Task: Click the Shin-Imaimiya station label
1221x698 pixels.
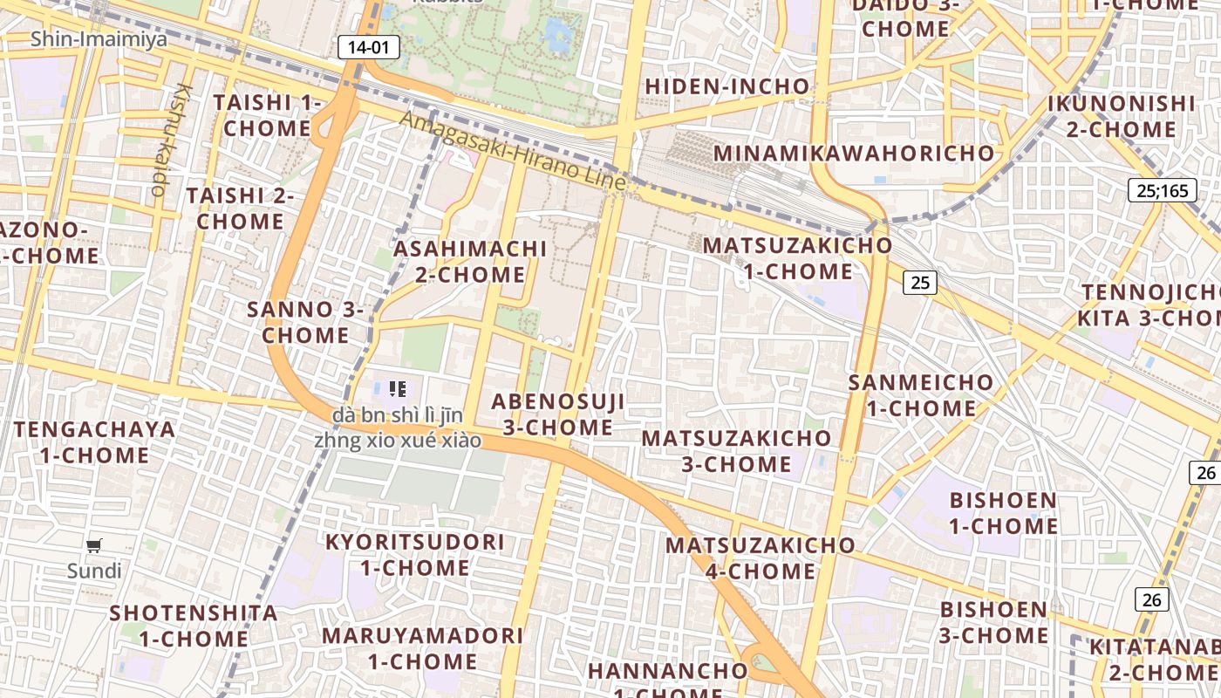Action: tap(99, 39)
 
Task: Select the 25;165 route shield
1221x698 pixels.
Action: tap(1163, 190)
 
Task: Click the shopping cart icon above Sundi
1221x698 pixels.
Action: tap(94, 546)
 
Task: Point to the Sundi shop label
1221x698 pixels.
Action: tap(94, 571)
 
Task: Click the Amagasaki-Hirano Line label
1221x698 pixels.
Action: tap(513, 151)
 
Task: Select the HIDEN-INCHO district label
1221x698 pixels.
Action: tap(727, 86)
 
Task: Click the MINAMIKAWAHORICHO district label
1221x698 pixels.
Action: tap(854, 154)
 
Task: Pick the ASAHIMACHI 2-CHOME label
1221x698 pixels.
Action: tap(470, 262)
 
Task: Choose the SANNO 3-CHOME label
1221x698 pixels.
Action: tap(305, 322)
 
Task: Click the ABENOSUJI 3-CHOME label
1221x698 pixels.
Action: tap(558, 414)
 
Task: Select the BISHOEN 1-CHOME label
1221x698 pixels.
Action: tap(1003, 513)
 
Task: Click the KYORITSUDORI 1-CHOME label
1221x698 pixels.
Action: tap(415, 555)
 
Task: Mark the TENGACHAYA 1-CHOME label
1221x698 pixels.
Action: tap(94, 442)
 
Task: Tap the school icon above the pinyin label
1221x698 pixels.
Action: tap(398, 389)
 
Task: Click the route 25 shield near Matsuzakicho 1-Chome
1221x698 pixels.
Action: tap(920, 282)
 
